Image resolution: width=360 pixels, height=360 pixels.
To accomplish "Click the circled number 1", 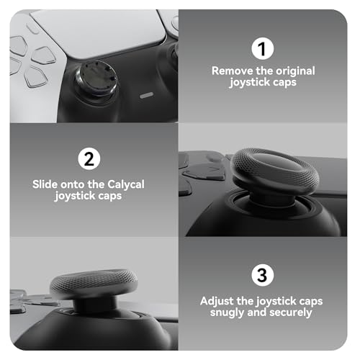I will coord(262,49).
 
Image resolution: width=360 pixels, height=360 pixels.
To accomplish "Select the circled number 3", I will coord(262,275).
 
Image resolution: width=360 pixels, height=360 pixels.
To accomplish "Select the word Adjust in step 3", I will coord(221,300).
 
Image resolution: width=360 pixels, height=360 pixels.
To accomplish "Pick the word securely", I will coord(292,312).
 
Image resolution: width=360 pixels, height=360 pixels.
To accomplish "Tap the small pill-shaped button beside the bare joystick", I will coord(146,94).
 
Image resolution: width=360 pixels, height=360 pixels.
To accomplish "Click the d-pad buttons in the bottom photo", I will coord(22,298).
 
